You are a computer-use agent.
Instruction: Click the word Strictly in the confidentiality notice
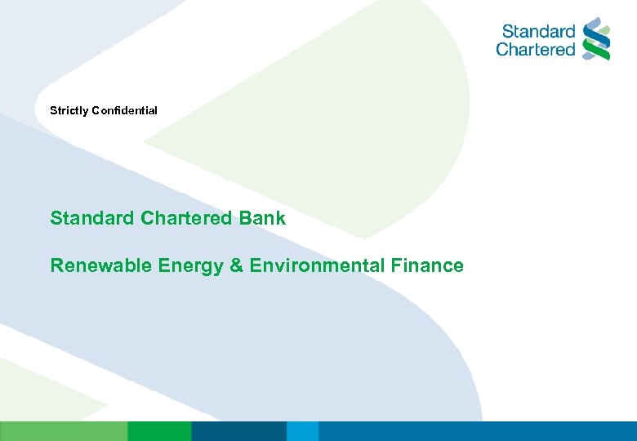(68, 110)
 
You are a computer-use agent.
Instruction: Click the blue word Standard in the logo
(539, 32)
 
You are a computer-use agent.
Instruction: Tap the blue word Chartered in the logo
(536, 50)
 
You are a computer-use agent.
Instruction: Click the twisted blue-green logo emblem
(597, 38)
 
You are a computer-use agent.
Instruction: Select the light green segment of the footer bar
(63, 431)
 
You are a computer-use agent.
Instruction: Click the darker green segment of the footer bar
(159, 431)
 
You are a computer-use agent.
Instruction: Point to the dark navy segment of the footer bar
(238, 431)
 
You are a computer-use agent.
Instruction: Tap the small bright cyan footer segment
(302, 431)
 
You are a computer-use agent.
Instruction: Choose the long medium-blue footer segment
(477, 431)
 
